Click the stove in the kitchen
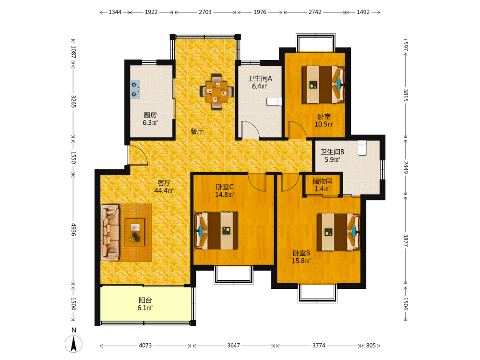[x=135, y=89]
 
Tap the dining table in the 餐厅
[x=217, y=92]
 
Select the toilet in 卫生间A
[x=274, y=101]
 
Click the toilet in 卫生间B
[x=362, y=148]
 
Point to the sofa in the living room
[x=109, y=233]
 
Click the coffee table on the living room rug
[x=135, y=232]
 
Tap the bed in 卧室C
[x=216, y=230]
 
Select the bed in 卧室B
[x=338, y=232]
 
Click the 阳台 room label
[x=145, y=300]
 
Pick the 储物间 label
[x=323, y=181]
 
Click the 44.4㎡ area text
[x=164, y=191]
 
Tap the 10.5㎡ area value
[x=324, y=124]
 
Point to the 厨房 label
[x=150, y=115]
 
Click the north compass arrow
[x=73, y=344]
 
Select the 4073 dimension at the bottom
[x=145, y=346]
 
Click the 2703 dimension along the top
[x=205, y=12]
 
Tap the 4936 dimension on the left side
[x=73, y=229]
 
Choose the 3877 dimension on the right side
[x=406, y=240]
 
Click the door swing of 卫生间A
[x=251, y=130]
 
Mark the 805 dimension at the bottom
[x=371, y=346]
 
